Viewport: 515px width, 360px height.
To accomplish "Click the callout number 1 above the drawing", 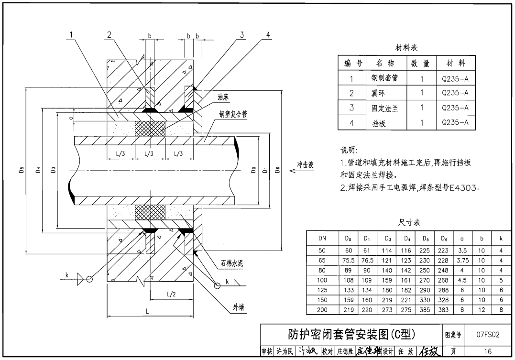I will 71,34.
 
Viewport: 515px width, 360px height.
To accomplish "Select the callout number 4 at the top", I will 268,34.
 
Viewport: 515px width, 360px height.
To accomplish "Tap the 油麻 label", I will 223,97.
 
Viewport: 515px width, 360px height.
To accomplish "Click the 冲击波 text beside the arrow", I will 305,165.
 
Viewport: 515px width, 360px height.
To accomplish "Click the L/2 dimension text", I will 171,295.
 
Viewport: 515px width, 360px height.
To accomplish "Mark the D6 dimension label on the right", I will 278,170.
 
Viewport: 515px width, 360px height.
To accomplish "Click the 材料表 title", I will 406,48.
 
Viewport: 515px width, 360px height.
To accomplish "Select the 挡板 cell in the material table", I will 379,123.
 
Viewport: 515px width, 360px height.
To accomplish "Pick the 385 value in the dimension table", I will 425,310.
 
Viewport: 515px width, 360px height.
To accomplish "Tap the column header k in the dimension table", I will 501,238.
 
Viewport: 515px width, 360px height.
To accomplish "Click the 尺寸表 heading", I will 409,222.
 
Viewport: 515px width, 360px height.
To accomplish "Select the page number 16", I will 488,351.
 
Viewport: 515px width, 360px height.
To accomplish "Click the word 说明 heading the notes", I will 348,151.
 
